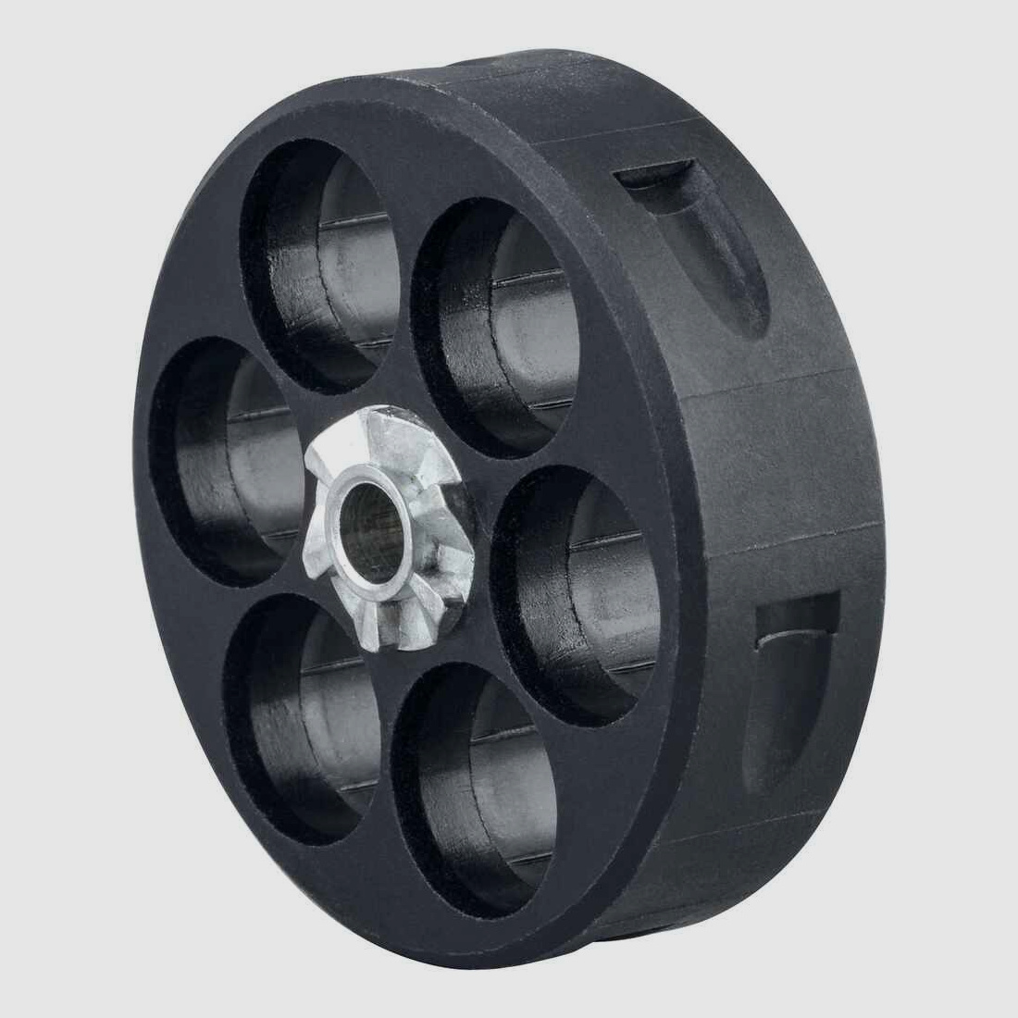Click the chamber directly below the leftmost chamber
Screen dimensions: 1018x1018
(296, 703)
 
